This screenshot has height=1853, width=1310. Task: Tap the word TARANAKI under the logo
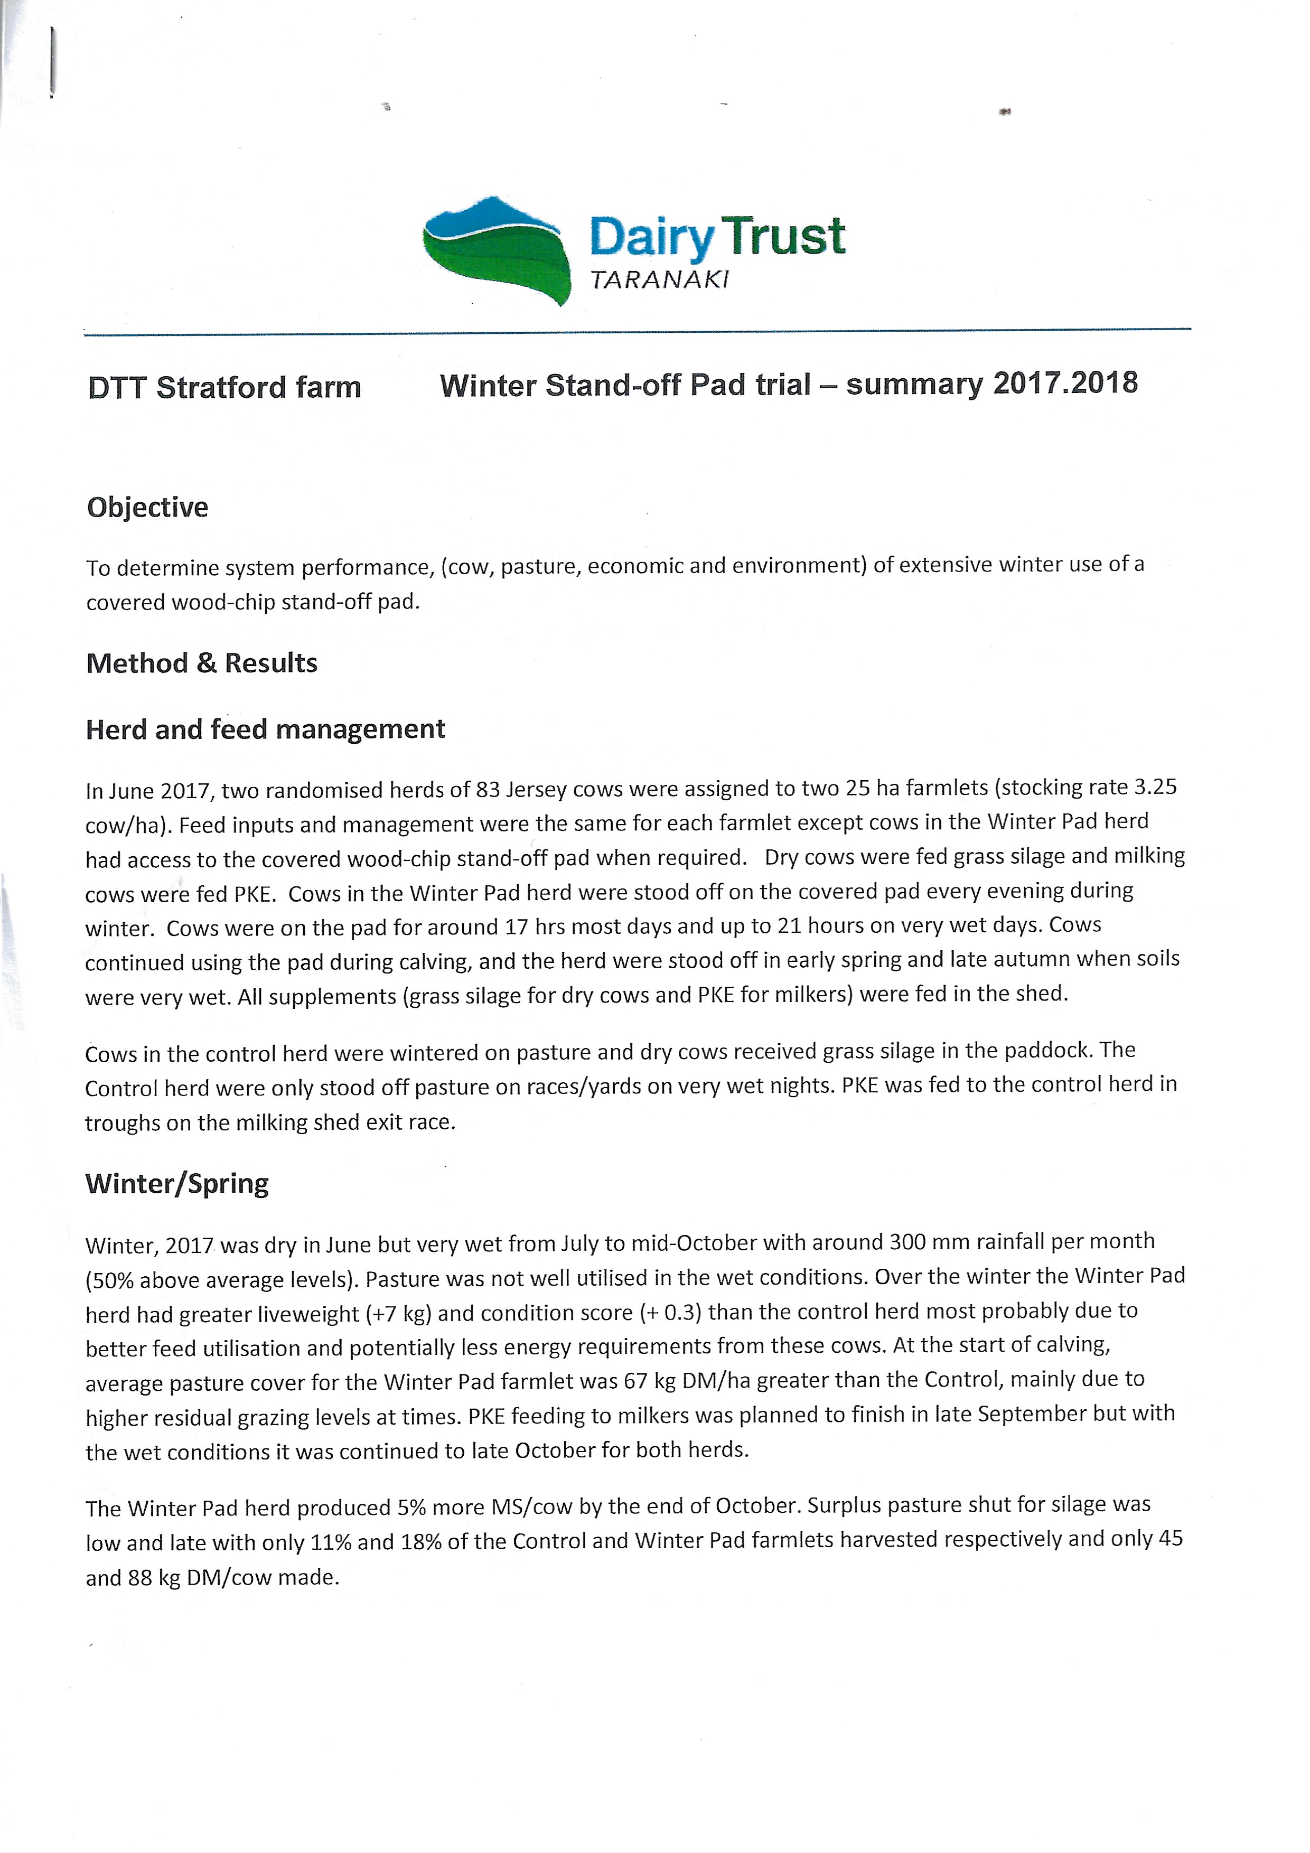659,280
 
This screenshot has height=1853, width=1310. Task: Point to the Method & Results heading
202,663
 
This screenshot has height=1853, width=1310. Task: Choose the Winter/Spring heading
177,1184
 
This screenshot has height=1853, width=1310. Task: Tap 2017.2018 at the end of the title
1064,382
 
